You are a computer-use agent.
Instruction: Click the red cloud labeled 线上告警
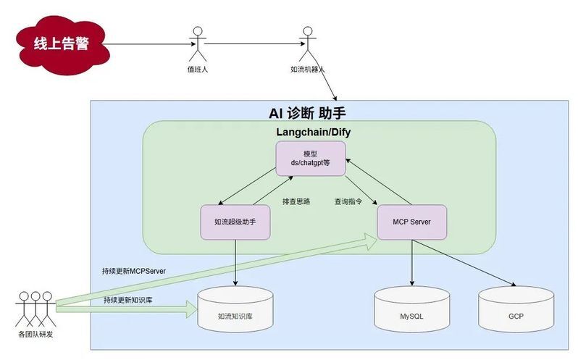tap(62, 45)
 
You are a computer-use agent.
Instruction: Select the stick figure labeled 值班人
tap(198, 44)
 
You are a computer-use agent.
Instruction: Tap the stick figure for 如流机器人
tap(307, 44)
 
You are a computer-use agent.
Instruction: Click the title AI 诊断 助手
tap(307, 113)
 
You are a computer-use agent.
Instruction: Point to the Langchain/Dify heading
tap(314, 132)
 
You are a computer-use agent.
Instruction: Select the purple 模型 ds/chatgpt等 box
tap(311, 159)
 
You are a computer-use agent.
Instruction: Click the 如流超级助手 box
tap(235, 222)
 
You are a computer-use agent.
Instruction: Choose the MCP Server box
tap(411, 222)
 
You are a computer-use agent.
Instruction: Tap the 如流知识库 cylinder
tap(235, 309)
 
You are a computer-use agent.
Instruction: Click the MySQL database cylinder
tap(411, 309)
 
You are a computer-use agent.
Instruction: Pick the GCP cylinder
tap(516, 309)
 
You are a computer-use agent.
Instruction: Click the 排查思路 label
tap(296, 201)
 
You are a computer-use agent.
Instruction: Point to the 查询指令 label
tap(348, 201)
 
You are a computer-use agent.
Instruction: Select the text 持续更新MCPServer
tap(134, 271)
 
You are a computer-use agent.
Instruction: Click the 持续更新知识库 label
tap(128, 300)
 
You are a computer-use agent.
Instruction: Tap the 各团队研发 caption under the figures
tap(35, 335)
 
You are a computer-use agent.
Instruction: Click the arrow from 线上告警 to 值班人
tap(150, 44)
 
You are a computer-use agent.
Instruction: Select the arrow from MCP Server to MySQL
tap(411, 263)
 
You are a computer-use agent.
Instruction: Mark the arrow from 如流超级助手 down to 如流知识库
tap(235, 263)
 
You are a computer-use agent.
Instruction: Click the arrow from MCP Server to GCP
tap(464, 263)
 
